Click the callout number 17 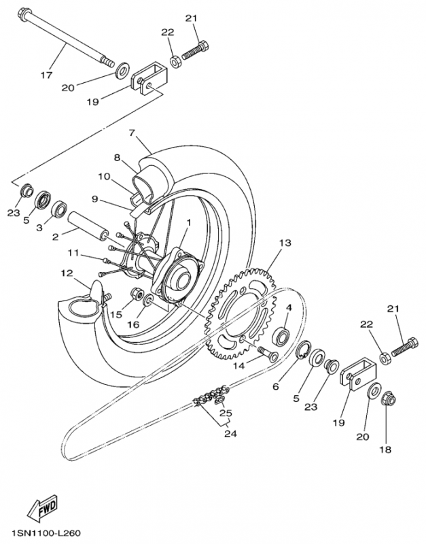click(x=46, y=75)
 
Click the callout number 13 click(x=284, y=243)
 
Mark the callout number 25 click(x=226, y=413)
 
